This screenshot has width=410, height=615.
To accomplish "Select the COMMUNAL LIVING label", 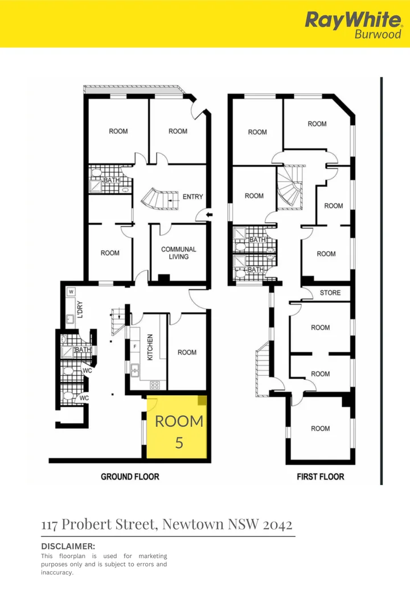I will [178, 253].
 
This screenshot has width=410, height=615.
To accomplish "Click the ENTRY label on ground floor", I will [192, 197].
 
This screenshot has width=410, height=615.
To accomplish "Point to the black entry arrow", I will [209, 215].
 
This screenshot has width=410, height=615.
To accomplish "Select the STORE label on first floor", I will [330, 293].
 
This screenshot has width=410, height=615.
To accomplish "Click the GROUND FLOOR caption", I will [130, 477].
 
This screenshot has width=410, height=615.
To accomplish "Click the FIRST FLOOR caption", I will [320, 477].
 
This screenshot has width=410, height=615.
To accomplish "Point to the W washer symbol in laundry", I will [71, 292].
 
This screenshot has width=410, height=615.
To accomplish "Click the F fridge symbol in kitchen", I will [134, 346].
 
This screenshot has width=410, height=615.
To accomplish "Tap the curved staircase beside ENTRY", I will [155, 199].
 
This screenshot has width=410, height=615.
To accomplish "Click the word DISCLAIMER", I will [68, 546].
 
